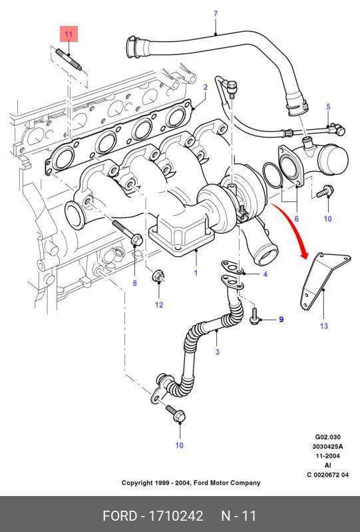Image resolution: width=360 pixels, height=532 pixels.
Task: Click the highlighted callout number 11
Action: coord(69,34)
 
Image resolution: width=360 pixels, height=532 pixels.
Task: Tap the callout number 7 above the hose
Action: coord(216,14)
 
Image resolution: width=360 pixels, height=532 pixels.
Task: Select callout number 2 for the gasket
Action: coord(206,87)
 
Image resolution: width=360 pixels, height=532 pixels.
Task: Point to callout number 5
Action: coord(328,107)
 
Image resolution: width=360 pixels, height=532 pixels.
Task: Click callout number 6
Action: coord(297,219)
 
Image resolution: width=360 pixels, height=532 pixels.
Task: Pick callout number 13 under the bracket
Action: coord(324,326)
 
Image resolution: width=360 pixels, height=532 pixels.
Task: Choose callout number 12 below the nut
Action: coord(159,305)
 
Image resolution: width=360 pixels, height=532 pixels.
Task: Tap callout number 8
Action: coord(134,282)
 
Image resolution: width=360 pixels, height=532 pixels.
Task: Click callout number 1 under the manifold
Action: coord(196,273)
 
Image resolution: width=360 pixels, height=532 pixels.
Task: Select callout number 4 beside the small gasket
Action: coord(265,274)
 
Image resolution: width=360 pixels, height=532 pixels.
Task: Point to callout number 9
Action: coord(281,320)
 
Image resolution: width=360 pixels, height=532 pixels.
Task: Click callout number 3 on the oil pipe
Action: coord(218,352)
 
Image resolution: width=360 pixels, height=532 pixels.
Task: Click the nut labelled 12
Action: coord(158,276)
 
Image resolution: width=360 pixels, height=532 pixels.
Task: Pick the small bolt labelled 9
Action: coord(255,316)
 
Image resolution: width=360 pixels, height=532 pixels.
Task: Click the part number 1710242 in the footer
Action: coord(176,516)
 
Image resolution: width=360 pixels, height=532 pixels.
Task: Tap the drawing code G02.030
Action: coord(328,437)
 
